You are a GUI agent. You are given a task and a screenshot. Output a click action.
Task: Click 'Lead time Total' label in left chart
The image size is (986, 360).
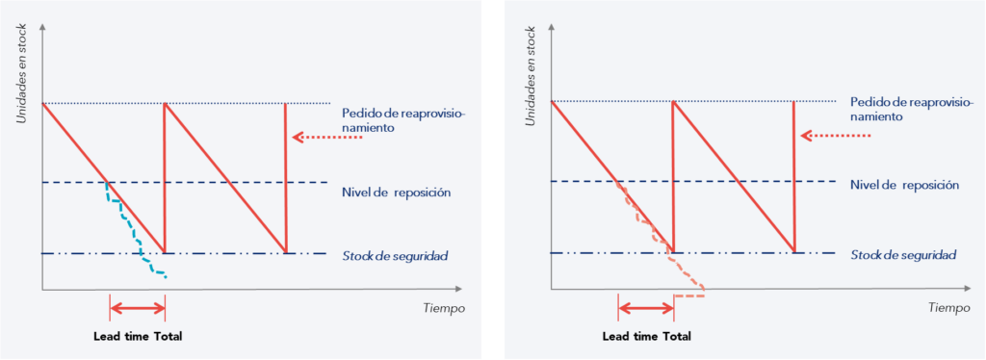click(138, 336)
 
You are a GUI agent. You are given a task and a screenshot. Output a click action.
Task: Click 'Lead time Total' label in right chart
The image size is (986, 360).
click(646, 336)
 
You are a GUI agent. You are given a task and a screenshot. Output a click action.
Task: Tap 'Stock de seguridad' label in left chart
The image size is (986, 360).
click(395, 255)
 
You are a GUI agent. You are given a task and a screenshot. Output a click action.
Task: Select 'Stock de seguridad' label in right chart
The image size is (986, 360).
click(903, 255)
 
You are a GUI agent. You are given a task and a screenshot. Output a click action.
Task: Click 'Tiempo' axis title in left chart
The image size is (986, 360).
click(444, 308)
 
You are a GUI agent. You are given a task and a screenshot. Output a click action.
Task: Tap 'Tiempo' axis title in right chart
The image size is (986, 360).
click(949, 308)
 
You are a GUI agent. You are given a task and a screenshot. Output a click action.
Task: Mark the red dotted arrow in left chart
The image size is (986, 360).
click(327, 139)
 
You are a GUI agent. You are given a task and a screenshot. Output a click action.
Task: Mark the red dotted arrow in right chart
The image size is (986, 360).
click(836, 136)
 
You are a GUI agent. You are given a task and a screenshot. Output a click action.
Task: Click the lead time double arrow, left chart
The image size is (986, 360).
click(138, 308)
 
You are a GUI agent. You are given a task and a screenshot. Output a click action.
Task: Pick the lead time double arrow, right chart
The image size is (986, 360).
click(646, 308)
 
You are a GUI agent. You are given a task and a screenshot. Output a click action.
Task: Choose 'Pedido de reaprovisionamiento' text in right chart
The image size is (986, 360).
click(911, 108)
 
